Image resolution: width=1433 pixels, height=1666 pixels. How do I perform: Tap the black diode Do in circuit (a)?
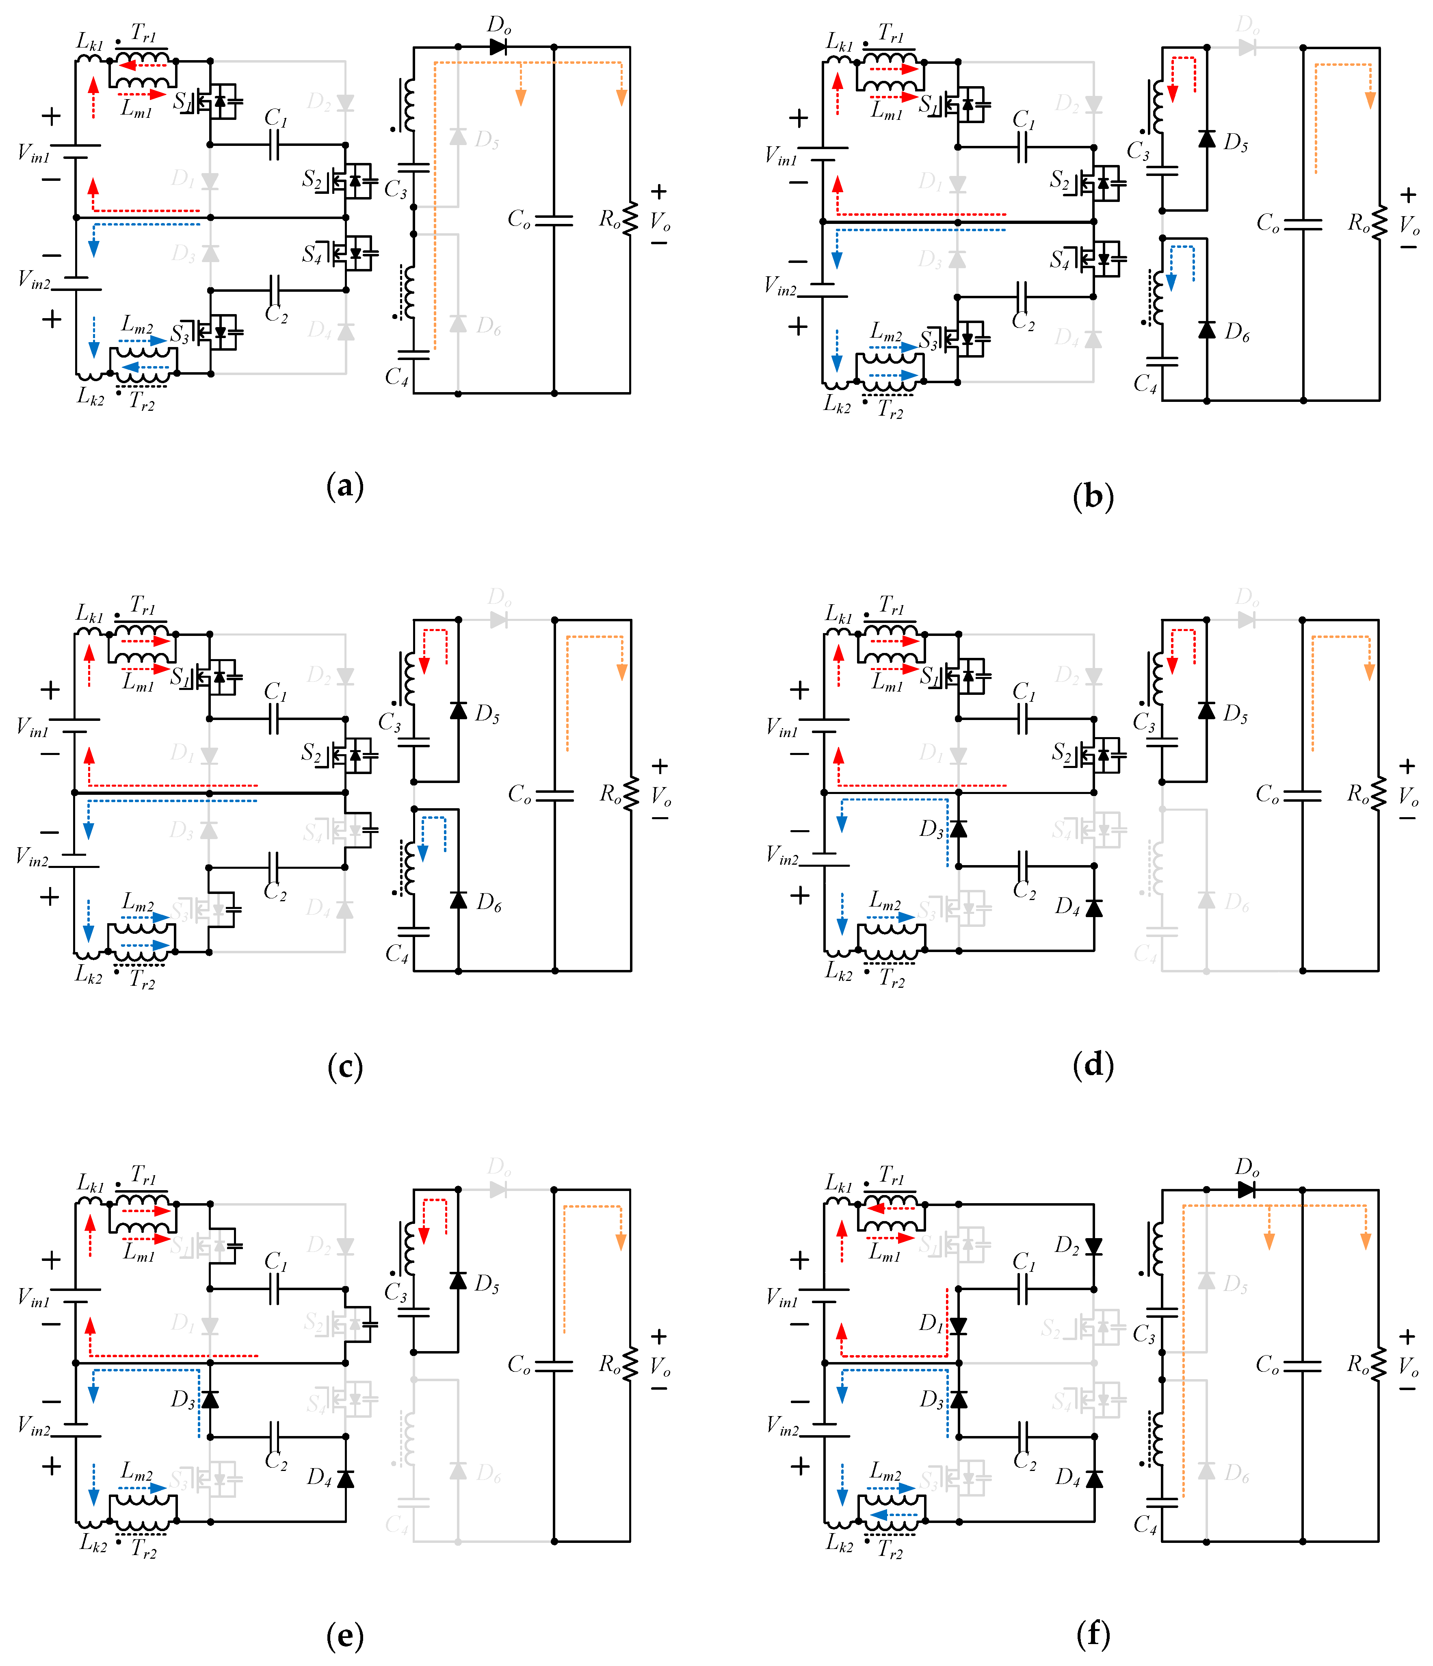(x=498, y=47)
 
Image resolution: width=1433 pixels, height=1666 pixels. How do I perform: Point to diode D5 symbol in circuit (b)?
(x=1206, y=138)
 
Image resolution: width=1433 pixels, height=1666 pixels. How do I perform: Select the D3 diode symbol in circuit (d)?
(x=958, y=828)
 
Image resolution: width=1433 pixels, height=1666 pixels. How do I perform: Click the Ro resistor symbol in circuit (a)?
(x=630, y=219)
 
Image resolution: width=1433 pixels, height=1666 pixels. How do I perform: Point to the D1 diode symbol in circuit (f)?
(x=958, y=1326)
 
